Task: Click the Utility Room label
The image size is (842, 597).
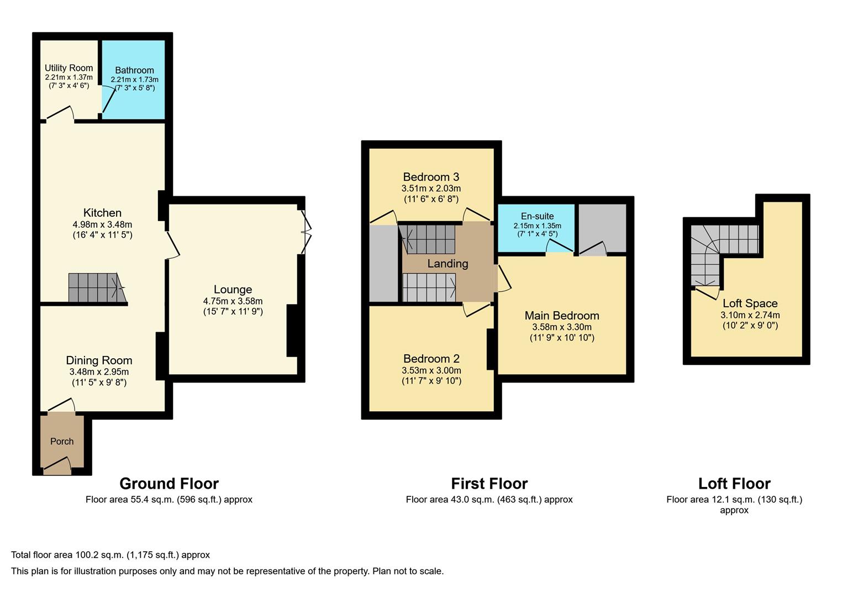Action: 69,68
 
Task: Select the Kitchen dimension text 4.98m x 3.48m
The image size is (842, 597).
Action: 102,224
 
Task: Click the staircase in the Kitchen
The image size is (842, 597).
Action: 96,287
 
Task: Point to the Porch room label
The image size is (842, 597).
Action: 62,441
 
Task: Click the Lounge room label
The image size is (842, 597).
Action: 233,290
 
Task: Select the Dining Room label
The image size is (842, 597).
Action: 99,360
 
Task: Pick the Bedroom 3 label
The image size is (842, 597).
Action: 431,177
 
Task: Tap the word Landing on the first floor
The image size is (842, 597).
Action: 448,264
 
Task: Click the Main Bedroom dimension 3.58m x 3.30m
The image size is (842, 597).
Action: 561,327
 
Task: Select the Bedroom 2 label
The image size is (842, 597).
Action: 431,359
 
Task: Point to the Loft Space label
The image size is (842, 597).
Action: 750,303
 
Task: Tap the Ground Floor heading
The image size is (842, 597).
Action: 169,484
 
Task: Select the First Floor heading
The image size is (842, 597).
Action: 489,484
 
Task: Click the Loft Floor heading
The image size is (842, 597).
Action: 734,484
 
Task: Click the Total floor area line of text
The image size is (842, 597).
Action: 110,555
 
